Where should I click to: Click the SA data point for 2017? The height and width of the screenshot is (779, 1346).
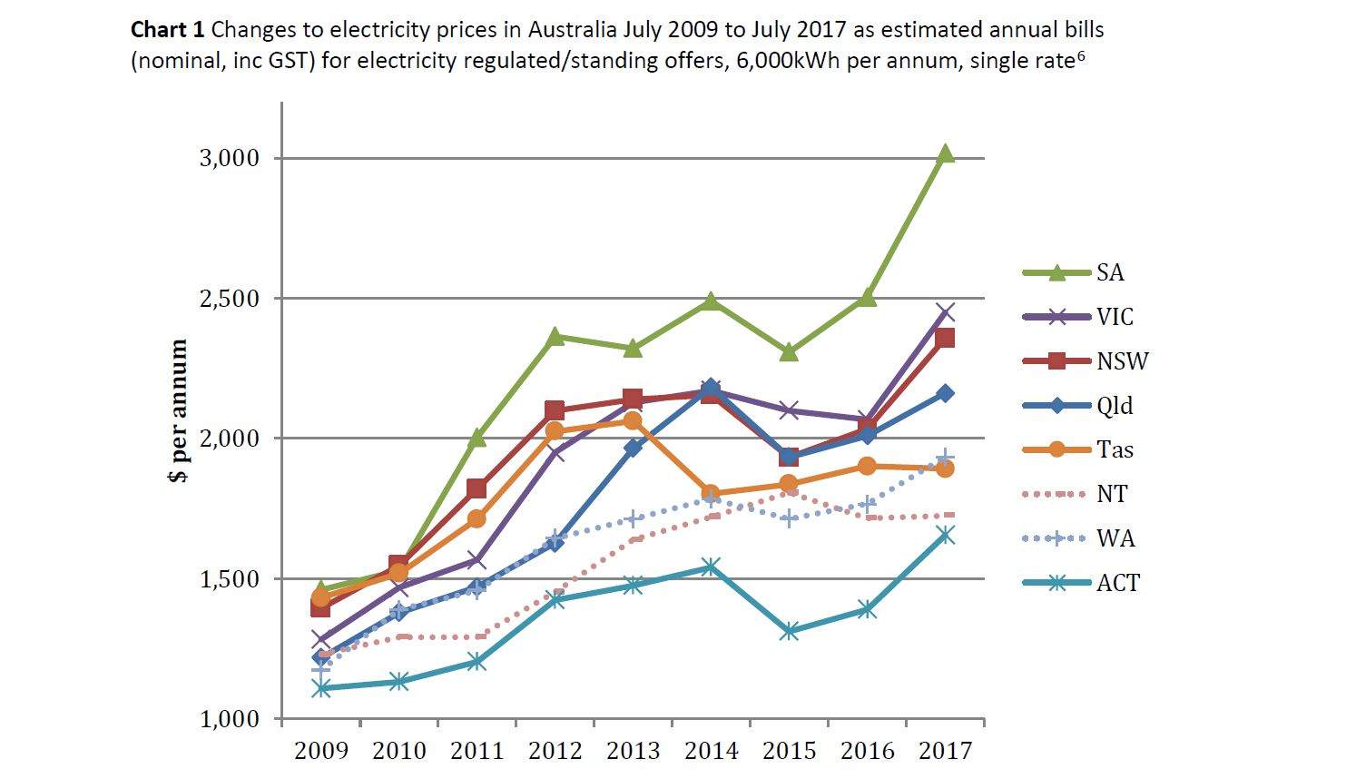coord(945,153)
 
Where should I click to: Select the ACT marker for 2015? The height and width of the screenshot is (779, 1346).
coord(789,631)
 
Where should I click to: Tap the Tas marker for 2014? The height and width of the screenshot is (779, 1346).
coord(711,494)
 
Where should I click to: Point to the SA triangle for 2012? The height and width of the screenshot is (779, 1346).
coord(555,337)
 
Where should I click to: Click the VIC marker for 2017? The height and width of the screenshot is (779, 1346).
coord(945,313)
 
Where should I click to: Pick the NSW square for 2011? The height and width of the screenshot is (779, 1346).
coord(477,488)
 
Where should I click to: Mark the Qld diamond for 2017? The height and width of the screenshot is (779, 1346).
coord(945,393)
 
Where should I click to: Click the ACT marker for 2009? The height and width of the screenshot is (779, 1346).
coord(321,688)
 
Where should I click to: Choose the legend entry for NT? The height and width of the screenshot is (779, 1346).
coord(1111,494)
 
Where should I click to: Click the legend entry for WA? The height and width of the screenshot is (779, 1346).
coord(1115,538)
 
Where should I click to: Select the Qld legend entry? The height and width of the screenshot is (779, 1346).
coord(1115,405)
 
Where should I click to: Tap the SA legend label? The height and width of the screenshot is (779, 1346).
coord(1110,272)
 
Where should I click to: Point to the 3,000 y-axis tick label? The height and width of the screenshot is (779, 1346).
coord(229,158)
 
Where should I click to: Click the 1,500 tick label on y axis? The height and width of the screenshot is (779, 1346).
coord(229,578)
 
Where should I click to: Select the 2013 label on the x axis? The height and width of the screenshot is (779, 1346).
coord(633,751)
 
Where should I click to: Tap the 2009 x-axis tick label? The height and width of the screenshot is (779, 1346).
coord(321,751)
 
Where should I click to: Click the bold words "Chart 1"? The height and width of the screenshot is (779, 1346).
coord(168,30)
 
